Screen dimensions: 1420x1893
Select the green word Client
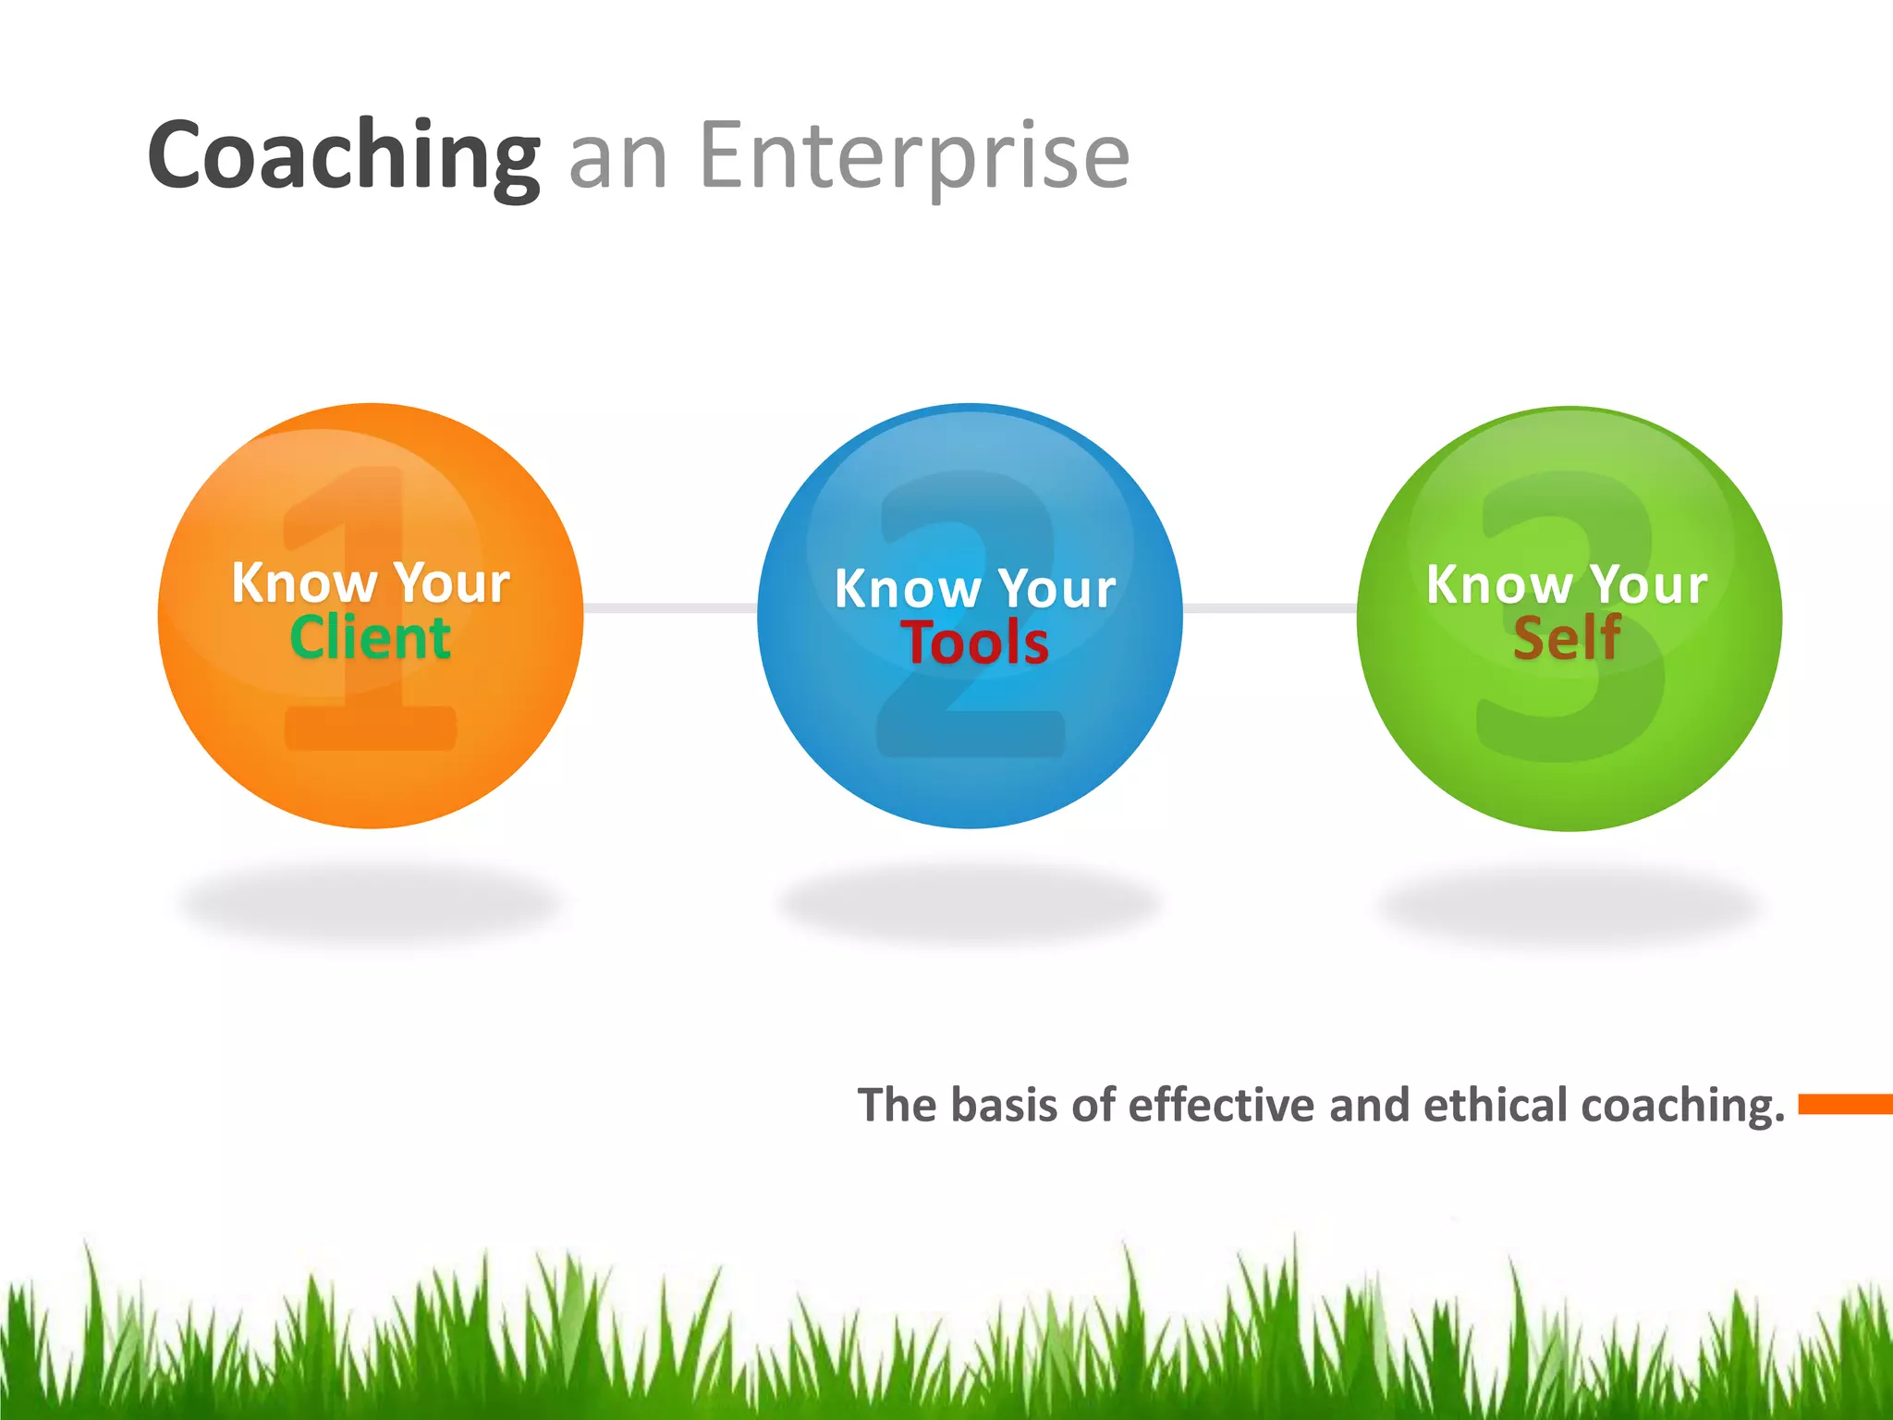370,638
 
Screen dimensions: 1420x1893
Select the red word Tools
975,643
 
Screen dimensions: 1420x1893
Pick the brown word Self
1567,638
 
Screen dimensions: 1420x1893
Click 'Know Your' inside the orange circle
370,582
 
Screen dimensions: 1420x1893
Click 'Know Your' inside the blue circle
975,588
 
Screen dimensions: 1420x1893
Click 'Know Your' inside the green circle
1567,584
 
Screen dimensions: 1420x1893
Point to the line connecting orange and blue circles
670,607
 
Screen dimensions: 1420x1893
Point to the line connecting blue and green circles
1269,607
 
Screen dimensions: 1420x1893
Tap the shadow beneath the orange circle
370,901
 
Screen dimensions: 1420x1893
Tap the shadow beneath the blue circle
969,901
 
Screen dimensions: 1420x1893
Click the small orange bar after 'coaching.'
1844,1103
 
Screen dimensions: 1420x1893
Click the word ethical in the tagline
1496,1105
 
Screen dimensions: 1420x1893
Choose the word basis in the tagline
1004,1105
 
